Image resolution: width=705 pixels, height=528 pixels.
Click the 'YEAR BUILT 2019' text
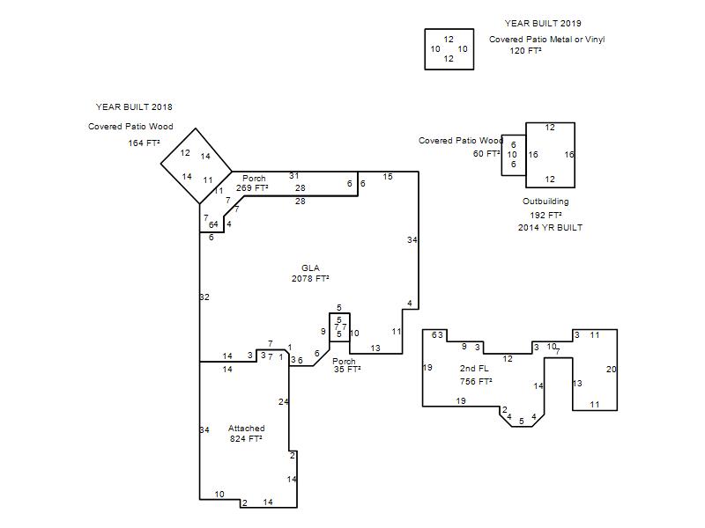(543, 24)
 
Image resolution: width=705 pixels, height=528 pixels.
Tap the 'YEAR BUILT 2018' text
(134, 106)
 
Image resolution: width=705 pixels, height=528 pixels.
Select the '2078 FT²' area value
(310, 279)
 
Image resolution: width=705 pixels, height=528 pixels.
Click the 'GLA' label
(310, 268)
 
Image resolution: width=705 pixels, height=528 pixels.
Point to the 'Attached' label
(247, 429)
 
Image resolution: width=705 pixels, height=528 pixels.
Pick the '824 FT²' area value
(246, 438)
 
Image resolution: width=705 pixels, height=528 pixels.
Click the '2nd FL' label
(474, 369)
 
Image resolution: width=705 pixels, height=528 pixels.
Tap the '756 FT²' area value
(476, 382)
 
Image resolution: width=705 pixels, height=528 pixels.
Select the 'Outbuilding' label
(545, 202)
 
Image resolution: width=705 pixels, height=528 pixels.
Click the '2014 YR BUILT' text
(550, 228)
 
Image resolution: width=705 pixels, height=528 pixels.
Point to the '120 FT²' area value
(525, 51)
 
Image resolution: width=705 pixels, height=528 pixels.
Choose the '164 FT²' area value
(144, 143)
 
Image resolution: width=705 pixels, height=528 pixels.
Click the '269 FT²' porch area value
(252, 188)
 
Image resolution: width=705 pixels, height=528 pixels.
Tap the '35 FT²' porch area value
(347, 370)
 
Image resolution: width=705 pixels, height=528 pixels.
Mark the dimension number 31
(294, 176)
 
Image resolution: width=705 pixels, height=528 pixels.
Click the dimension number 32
(204, 297)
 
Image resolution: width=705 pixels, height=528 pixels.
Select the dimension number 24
(283, 402)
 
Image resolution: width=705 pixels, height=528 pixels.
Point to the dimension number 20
(611, 370)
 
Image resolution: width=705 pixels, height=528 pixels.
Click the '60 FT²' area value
(486, 154)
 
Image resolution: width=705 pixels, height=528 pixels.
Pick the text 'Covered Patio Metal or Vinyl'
(546, 40)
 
